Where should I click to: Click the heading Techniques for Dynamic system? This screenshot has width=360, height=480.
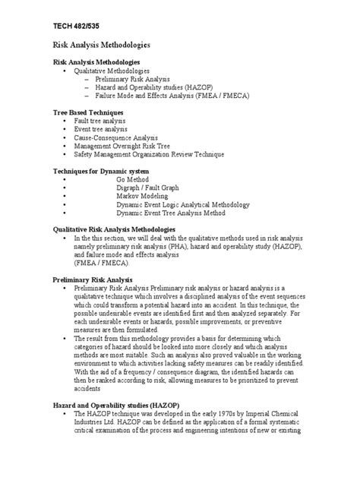[103, 171]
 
